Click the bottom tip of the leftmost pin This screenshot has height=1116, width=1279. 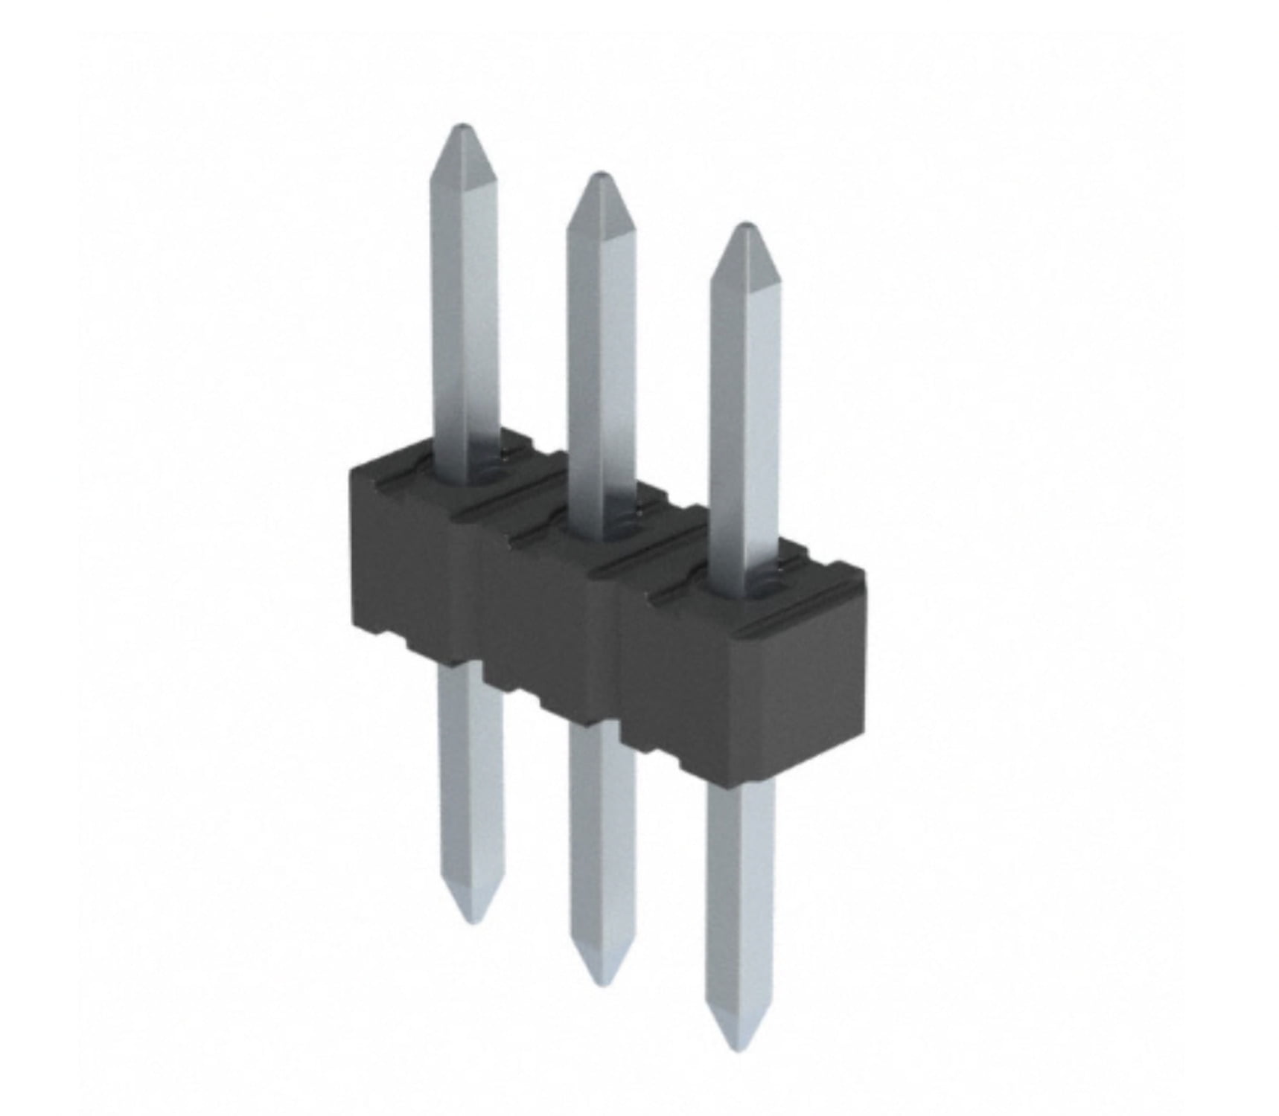pyautogui.click(x=469, y=920)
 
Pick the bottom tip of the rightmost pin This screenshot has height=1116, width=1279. pyautogui.click(x=737, y=1047)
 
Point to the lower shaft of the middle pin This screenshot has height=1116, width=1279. pyautogui.click(x=602, y=833)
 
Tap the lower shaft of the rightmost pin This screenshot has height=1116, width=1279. pyautogui.click(x=740, y=893)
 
